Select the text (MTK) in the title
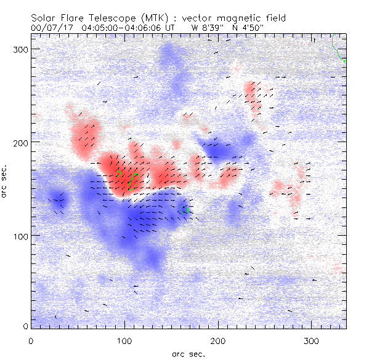coord(145,19)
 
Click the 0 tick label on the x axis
coord(31,340)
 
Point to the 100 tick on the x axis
coord(124,340)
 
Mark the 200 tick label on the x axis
coord(218,340)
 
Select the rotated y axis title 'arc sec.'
coord(6,182)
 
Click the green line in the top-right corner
coord(338,51)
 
